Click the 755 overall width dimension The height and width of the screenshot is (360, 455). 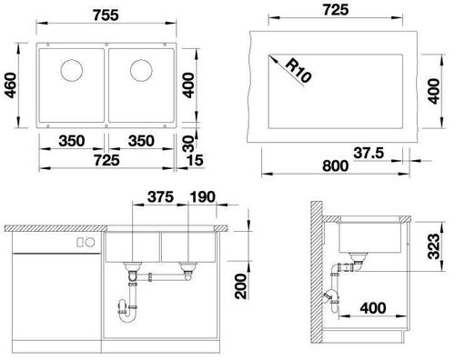107,14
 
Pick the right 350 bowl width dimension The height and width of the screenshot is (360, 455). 141,143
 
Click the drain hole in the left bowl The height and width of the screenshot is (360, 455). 70,69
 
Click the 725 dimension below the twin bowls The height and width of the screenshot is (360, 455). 106,162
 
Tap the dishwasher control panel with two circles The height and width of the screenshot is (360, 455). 87,242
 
